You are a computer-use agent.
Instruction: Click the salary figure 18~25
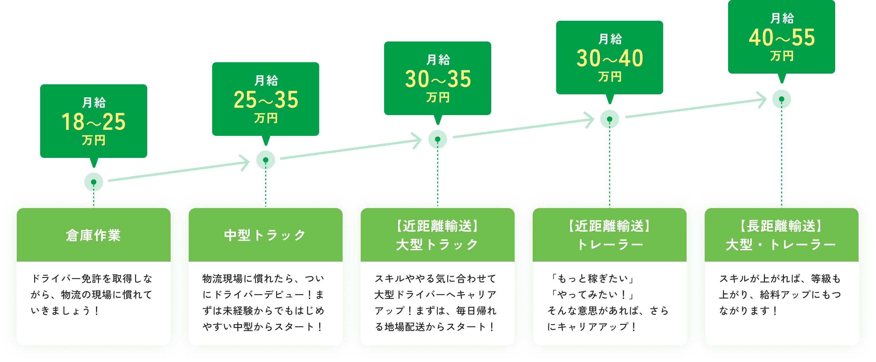(x=93, y=122)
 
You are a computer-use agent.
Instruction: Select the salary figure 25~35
(x=266, y=100)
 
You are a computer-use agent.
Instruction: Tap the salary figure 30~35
(x=438, y=79)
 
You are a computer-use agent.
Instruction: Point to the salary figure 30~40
(x=610, y=58)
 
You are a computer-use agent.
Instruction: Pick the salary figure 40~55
(x=781, y=37)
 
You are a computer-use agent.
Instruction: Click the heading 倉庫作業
(x=93, y=235)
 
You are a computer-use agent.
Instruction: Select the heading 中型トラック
(x=265, y=235)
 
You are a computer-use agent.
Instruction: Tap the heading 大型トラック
(x=437, y=244)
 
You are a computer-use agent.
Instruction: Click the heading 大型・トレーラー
(x=781, y=244)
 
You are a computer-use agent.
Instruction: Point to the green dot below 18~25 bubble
(x=93, y=182)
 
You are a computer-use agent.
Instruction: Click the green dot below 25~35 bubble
(x=266, y=160)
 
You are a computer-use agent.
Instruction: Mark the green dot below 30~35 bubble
(x=438, y=139)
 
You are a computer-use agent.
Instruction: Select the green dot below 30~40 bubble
(x=609, y=119)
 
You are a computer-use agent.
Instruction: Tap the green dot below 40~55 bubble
(x=781, y=99)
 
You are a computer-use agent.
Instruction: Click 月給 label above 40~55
(x=781, y=18)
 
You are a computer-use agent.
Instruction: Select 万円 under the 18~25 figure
(x=93, y=140)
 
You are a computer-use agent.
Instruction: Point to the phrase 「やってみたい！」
(x=591, y=294)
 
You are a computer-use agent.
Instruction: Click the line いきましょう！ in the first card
(x=65, y=311)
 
